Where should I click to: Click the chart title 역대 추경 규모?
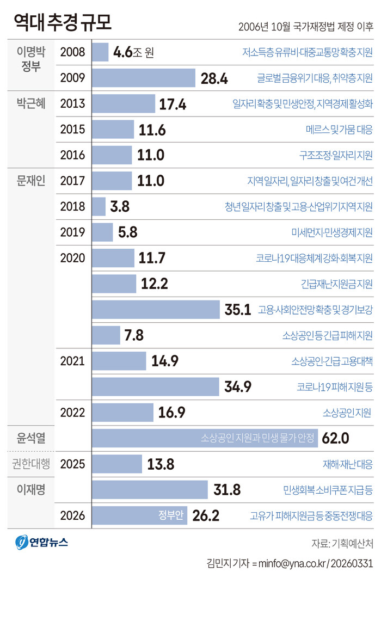coord(63,22)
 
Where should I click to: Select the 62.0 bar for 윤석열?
coord(205,438)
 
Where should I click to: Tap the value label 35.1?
coord(237,309)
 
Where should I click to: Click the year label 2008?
coord(73,52)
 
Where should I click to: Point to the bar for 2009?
coord(144,78)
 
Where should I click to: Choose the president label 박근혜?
coord(31,103)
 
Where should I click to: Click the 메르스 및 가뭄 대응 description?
coord(339,130)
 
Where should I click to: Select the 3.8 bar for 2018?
coord(99,206)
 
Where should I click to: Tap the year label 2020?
coord(73,258)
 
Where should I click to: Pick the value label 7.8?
coord(134,335)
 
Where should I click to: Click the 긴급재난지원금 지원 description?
coord(336,284)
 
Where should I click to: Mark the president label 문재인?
coord(31,181)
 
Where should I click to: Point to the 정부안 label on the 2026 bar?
coord(171,515)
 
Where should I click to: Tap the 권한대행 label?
coord(31,464)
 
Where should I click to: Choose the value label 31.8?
coord(227,490)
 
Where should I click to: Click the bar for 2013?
coord(124,103)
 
